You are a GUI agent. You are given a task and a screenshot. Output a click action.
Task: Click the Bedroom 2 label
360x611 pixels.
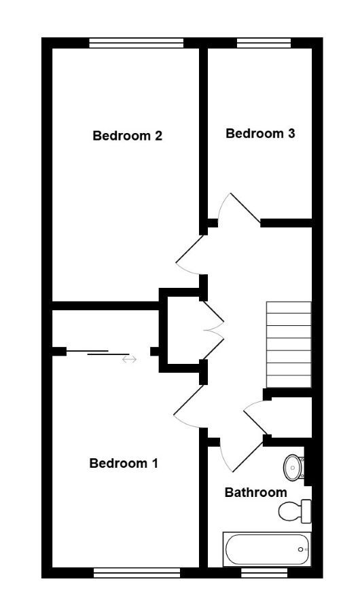point(128,136)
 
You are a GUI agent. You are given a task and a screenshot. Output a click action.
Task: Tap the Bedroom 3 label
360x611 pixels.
point(260,134)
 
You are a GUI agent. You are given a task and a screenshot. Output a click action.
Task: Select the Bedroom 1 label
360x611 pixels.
point(124,463)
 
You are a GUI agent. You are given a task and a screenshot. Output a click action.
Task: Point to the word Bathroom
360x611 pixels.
point(256,493)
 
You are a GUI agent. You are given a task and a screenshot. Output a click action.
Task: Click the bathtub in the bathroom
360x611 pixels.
point(267,549)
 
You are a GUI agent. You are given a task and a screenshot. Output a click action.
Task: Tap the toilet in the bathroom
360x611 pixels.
point(295,511)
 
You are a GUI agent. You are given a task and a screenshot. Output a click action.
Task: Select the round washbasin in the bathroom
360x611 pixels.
point(294,467)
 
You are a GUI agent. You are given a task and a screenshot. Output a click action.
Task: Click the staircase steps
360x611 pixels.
point(289,344)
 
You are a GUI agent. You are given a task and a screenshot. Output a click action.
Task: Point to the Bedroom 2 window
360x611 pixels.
point(137,43)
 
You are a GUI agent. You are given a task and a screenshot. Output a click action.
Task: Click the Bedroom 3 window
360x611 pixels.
point(264,43)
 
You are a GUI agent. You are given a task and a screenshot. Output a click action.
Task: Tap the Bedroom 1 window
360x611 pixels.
point(137,572)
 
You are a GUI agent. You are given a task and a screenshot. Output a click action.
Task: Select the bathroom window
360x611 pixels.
point(264,572)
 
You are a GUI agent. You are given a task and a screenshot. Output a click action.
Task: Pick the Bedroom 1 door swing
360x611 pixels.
point(188,406)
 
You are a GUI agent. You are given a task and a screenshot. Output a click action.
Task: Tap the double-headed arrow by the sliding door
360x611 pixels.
point(130,359)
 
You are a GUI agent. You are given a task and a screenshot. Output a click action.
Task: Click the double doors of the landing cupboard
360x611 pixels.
point(214,331)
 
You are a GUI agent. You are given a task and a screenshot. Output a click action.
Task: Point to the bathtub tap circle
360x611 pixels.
point(300,549)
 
